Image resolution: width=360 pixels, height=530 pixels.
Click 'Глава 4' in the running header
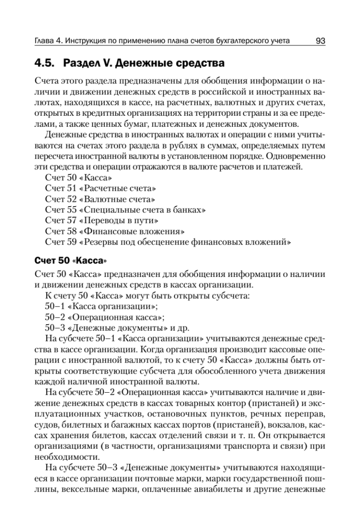47,42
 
